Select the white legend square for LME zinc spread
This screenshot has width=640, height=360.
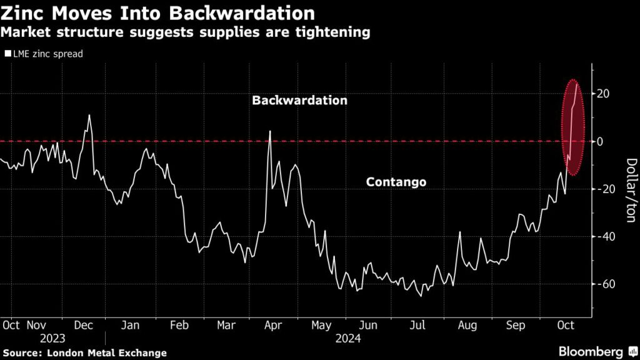pos(7,54)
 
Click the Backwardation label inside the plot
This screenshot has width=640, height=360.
pos(299,100)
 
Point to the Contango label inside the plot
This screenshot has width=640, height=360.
pos(396,182)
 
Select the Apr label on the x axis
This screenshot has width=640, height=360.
pos(274,326)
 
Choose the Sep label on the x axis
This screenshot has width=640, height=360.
pos(515,326)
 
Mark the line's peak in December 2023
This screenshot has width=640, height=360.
pos(89,115)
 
